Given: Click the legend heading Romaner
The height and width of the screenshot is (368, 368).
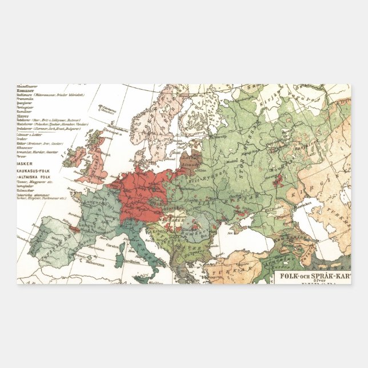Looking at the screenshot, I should (27, 90).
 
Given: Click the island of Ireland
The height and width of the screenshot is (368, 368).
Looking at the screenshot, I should (82, 151).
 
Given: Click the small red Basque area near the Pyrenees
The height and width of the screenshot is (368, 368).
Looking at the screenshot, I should (74, 229).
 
